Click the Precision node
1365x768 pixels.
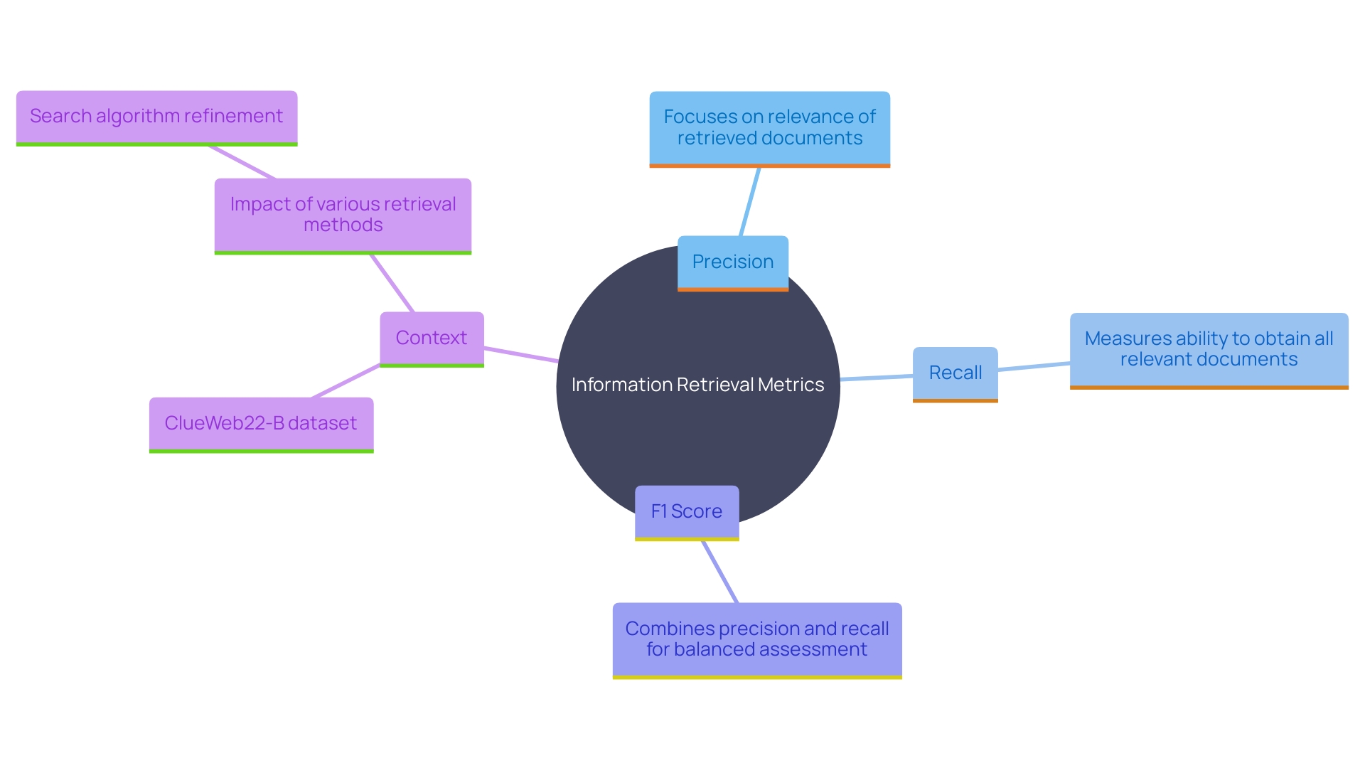733,262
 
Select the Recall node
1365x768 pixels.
955,373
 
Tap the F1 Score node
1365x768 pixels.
687,512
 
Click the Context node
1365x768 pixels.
432,338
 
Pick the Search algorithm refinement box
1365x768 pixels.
156,117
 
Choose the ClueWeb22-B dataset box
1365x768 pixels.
261,424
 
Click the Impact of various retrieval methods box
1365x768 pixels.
343,215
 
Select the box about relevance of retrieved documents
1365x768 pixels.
769,128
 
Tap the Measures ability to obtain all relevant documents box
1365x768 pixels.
1209,349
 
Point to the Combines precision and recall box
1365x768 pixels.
757,639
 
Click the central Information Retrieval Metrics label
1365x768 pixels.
697,385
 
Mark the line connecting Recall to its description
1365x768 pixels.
1034,366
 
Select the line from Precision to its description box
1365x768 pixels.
750,202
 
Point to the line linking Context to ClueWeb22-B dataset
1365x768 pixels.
346,381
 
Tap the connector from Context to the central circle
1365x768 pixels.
521,355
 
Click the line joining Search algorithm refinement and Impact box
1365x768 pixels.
242,162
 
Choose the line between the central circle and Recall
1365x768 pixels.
877,377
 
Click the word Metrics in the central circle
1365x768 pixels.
791,385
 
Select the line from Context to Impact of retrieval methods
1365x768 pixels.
392,283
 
